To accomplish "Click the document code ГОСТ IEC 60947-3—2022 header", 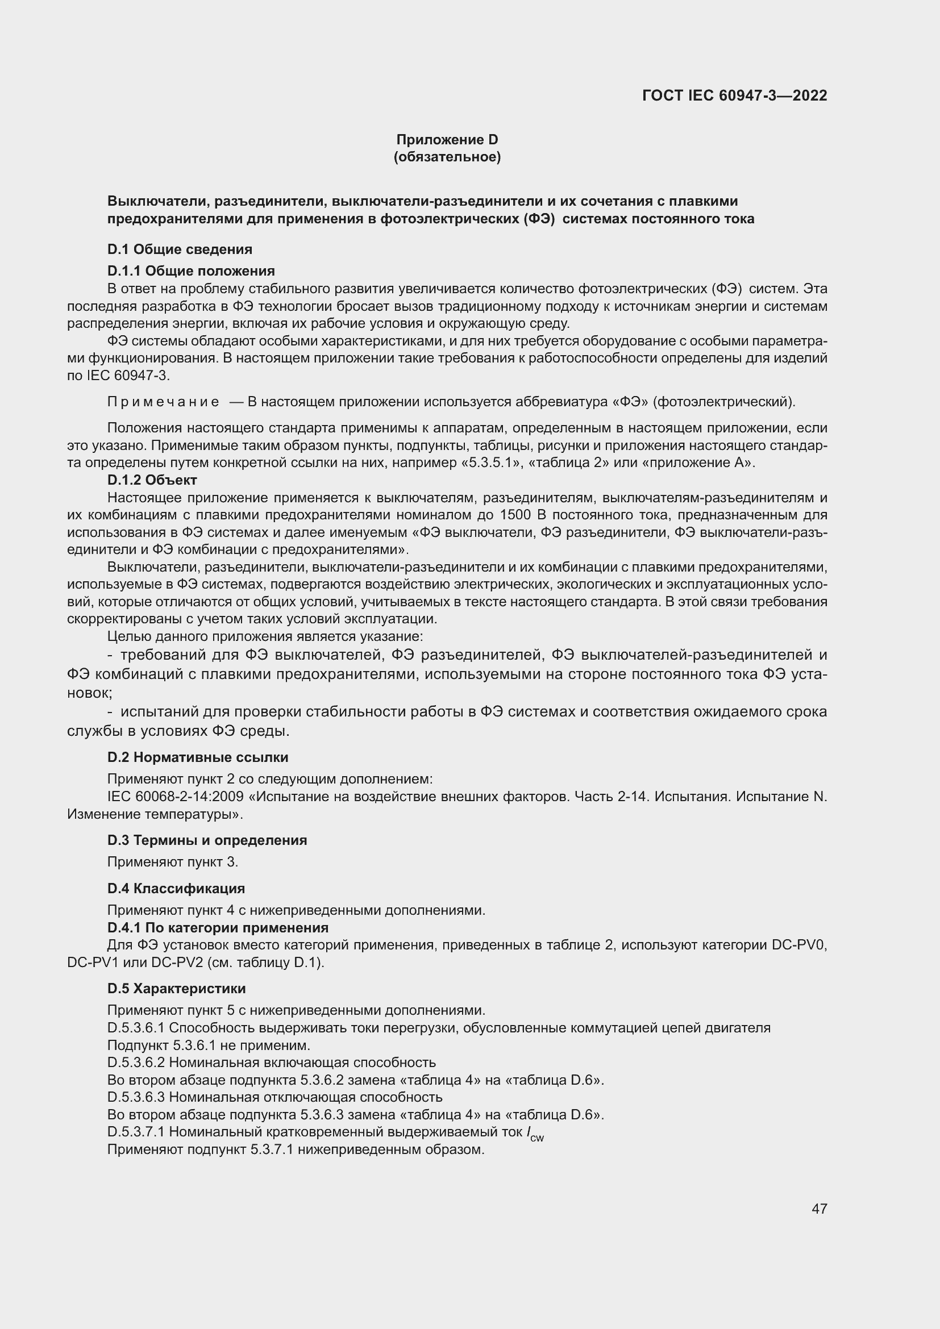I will (734, 95).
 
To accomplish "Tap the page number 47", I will (819, 1209).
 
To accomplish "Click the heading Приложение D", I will (447, 140).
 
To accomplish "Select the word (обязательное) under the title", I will (447, 157).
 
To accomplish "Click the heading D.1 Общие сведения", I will (180, 249).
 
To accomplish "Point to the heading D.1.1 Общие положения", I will (191, 271).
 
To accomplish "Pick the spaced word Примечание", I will (163, 402).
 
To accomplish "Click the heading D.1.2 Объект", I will (152, 480).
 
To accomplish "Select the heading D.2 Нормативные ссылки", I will (197, 757).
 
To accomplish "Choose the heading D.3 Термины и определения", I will (207, 840).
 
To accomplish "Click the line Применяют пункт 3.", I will (173, 862).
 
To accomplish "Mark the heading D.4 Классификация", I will (176, 888).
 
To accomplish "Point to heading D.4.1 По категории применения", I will (218, 927).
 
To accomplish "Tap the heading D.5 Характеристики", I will (176, 988).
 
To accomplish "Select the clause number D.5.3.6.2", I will (136, 1062).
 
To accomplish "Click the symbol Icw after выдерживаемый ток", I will (535, 1134).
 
